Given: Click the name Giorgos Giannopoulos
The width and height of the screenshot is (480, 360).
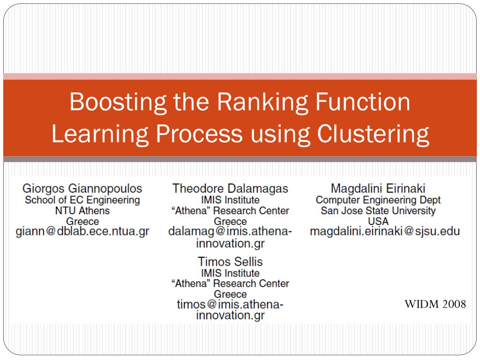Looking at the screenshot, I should [x=82, y=188].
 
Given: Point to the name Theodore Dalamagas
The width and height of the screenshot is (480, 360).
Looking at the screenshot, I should [x=230, y=188].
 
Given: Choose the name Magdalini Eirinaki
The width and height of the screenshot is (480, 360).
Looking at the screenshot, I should [x=378, y=188].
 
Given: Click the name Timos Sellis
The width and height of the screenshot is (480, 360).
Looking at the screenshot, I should [x=230, y=262].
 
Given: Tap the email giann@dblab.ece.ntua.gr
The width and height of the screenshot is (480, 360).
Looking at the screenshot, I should [x=82, y=232].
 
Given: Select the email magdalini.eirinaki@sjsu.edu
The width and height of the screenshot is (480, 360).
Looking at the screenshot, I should [x=384, y=231].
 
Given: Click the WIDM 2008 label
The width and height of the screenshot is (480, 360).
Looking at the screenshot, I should [x=435, y=305].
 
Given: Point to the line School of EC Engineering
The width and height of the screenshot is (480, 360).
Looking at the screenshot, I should [x=82, y=200].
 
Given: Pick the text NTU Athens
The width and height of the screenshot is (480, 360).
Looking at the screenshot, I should [x=82, y=210].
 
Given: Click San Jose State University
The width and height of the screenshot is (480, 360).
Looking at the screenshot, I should [x=378, y=210].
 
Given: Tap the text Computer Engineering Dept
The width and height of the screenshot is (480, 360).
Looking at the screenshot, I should [x=378, y=200].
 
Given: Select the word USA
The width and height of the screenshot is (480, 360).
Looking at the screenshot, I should [x=378, y=221].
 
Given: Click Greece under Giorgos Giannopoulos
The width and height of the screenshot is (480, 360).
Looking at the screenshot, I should [x=82, y=221].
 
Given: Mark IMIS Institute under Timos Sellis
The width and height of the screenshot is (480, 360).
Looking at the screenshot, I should [x=230, y=273].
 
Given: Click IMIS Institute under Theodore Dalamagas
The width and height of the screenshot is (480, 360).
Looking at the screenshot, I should [x=230, y=200].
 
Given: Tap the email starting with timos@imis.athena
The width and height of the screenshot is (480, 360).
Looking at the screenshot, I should [x=230, y=305].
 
